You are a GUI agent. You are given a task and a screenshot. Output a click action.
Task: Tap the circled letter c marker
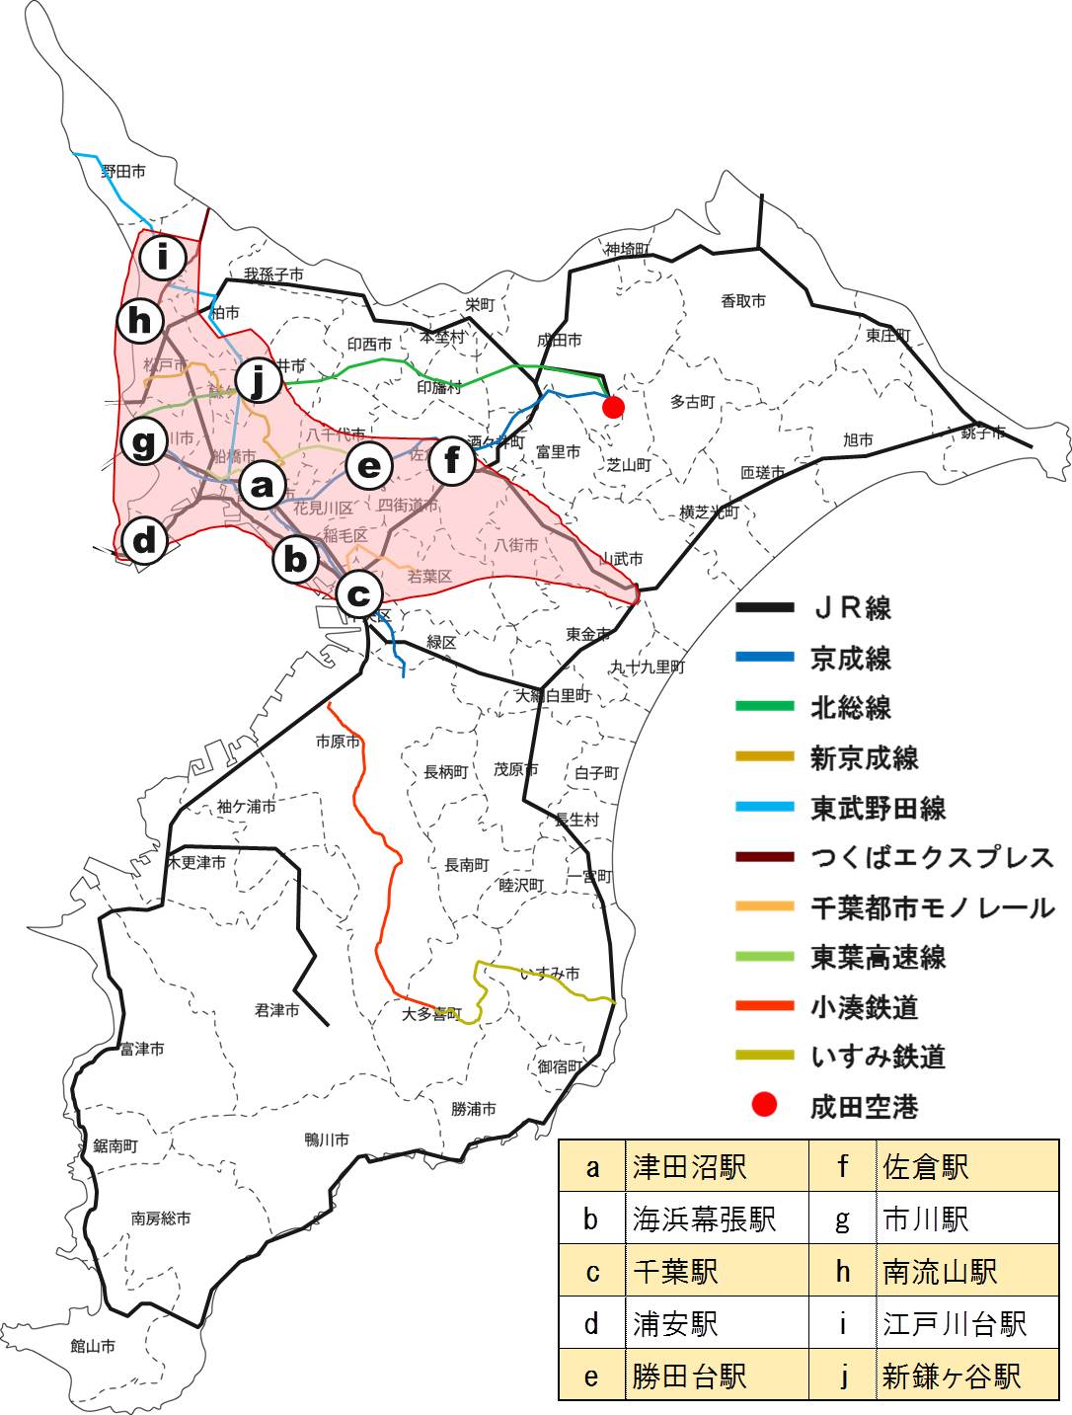coord(358,594)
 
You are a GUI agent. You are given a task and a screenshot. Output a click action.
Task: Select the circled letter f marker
coord(452,460)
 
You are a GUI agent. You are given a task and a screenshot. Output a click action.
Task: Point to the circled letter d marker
coord(145,540)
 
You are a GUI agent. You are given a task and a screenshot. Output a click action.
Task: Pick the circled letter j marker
coord(259,379)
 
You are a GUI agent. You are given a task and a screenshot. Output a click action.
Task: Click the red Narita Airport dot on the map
coord(613,407)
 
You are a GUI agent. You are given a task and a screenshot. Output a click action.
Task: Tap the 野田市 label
coord(123,172)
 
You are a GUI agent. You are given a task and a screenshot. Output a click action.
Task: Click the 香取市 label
coord(742,300)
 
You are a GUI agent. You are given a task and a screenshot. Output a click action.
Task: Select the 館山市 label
coord(93,1345)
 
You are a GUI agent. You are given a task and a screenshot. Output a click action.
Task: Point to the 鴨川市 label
coord(327,1140)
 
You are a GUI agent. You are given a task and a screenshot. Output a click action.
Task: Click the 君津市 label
coord(276,1010)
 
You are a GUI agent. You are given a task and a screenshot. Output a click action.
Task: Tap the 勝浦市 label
coord(474,1109)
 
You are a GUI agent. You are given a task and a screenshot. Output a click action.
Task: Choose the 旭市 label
coord(858,439)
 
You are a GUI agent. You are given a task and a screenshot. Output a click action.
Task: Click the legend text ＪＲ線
coord(851,608)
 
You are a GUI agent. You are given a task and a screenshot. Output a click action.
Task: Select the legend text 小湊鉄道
coord(865,1007)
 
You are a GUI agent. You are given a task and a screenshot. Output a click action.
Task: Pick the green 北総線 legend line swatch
coord(765,706)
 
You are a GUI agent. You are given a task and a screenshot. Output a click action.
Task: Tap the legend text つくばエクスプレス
coord(932,857)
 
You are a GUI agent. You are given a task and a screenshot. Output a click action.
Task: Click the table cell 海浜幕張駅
coord(705,1219)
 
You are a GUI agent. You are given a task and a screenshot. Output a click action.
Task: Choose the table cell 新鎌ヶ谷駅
coord(952,1376)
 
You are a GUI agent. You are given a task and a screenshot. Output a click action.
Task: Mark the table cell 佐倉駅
coord(926,1167)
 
